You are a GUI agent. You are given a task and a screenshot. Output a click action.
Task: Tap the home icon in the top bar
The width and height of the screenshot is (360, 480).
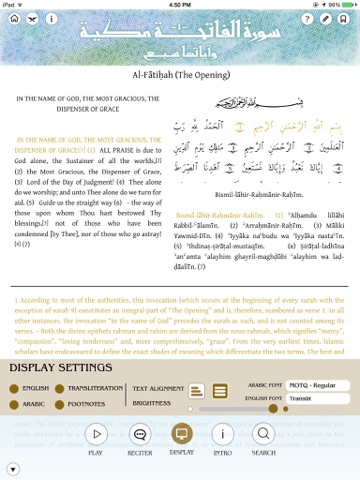pyautogui.click(x=11, y=19)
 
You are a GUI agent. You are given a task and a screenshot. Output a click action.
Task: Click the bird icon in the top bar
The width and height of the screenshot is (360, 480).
pyautogui.click(x=31, y=19)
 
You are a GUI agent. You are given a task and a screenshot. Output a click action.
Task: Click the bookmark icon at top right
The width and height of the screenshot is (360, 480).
pyautogui.click(x=347, y=19)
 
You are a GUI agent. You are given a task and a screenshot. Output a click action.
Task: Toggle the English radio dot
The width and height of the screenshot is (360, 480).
pyautogui.click(x=14, y=388)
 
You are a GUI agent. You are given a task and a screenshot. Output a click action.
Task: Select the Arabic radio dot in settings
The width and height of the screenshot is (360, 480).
pyautogui.click(x=14, y=404)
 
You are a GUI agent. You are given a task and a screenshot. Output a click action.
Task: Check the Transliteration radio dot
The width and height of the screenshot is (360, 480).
pyautogui.click(x=71, y=388)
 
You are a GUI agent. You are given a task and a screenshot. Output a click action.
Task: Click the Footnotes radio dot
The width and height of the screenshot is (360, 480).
pyautogui.click(x=71, y=404)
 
